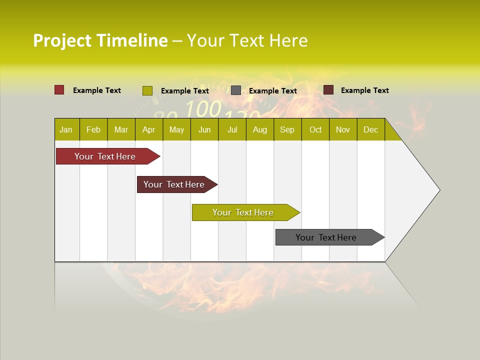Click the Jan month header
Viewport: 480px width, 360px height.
(66, 129)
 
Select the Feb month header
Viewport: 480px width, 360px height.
(93, 129)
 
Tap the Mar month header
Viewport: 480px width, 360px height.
(121, 129)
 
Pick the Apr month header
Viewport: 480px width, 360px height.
(149, 129)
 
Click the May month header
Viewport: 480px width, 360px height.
(176, 129)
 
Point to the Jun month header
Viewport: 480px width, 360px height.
(204, 129)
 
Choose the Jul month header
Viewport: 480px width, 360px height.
(232, 129)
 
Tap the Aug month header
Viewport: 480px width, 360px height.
(260, 129)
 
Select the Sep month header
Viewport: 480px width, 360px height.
(287, 129)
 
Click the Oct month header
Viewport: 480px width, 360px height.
(315, 129)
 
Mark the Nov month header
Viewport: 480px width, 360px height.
(343, 129)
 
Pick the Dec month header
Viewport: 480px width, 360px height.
(371, 129)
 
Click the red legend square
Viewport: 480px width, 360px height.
(59, 90)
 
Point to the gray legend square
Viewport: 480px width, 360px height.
(236, 90)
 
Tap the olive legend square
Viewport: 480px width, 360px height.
(147, 90)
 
